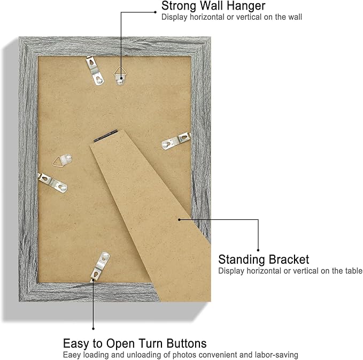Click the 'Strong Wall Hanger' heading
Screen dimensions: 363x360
point(213,6)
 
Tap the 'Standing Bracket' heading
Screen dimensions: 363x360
point(264,259)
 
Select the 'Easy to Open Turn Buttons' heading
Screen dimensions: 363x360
point(135,343)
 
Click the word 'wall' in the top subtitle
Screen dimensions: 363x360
point(295,17)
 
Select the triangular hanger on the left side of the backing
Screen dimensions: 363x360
point(62,160)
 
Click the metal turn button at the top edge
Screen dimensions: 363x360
point(95,71)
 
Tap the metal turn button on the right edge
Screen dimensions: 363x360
point(176,141)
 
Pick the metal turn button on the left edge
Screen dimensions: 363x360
point(52,182)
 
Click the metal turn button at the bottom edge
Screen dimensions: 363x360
point(100,266)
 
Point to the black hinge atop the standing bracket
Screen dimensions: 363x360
point(105,136)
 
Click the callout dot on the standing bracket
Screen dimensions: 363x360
point(179,219)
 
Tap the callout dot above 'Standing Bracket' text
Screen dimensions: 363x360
point(258,250)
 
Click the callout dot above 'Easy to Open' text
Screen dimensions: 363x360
point(93,328)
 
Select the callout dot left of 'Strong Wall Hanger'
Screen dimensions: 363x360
point(156,12)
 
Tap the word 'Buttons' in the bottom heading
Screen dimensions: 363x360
point(187,343)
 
